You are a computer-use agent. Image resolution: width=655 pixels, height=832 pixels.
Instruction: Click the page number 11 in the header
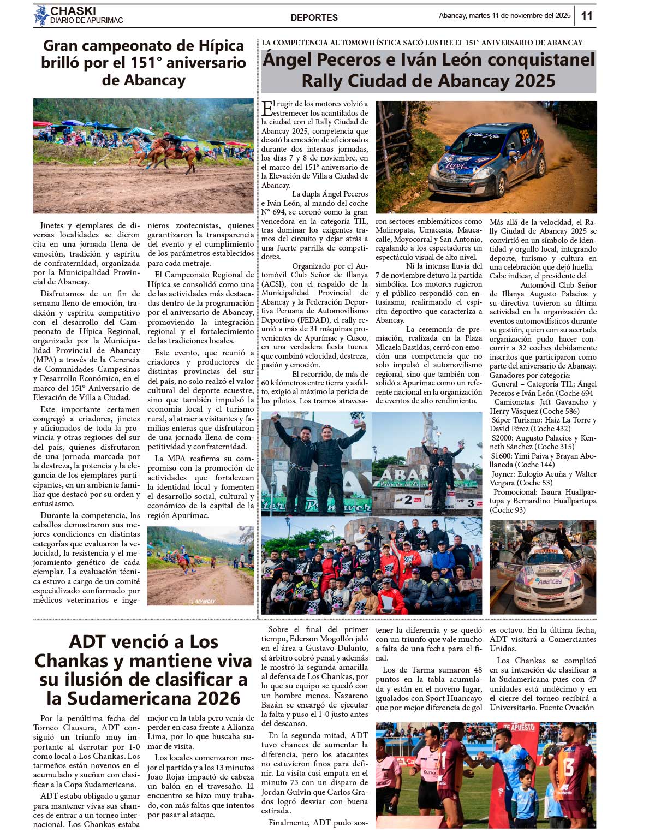click(x=586, y=16)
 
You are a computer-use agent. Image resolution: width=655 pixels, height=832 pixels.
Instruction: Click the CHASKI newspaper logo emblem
click(x=41, y=16)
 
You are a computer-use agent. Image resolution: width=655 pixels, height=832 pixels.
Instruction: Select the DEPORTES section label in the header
click(x=314, y=17)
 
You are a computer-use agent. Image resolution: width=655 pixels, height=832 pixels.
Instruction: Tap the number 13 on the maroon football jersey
click(x=568, y=767)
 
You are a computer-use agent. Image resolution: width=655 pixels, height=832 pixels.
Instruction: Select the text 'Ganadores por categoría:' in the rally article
click(x=529, y=375)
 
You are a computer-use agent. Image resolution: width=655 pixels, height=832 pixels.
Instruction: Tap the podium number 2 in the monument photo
click(x=408, y=500)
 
